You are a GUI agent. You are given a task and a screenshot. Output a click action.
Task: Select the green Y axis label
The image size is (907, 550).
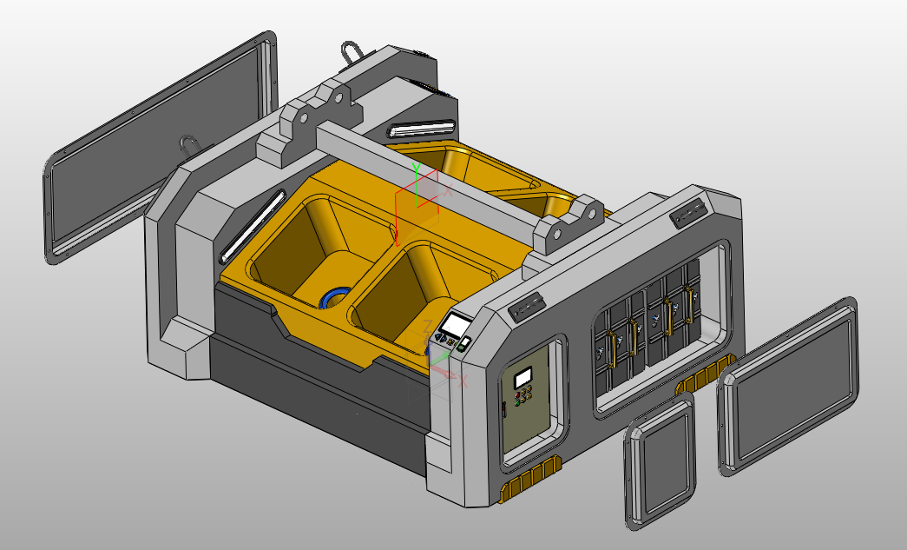click(416, 166)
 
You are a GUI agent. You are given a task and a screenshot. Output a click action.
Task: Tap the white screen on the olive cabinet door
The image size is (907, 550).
click(523, 379)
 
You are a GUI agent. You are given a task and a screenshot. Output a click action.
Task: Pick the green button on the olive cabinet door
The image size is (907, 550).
click(519, 401)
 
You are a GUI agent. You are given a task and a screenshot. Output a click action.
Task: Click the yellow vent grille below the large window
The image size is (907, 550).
click(703, 376)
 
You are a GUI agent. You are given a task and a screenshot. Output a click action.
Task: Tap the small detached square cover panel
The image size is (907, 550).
click(660, 461)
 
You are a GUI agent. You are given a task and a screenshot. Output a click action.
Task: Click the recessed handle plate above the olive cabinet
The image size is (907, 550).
click(526, 306)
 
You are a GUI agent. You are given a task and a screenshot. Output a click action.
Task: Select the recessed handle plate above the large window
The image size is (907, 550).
click(687, 212)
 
